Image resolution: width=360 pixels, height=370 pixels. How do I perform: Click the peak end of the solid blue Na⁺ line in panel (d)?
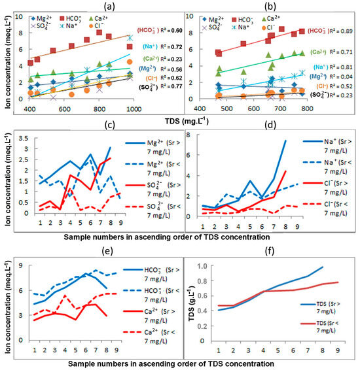tap(285, 141)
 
